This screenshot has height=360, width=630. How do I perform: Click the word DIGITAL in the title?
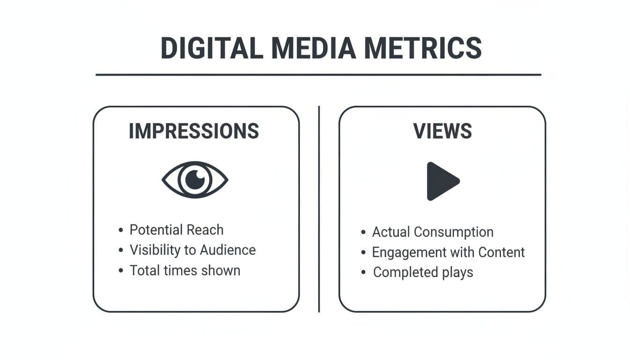pos(212,48)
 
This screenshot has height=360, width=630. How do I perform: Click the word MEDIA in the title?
pos(314,48)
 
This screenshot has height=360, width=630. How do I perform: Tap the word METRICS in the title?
pos(423,48)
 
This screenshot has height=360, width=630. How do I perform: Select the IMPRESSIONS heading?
pos(194,131)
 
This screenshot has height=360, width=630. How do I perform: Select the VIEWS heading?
pos(442,131)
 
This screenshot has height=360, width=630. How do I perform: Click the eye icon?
pos(195,180)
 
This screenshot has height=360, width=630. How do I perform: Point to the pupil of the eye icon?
pos(195,180)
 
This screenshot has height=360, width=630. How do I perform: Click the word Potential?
pos(157,230)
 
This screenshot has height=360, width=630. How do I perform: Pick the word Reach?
pos(205,230)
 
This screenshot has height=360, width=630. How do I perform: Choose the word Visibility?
pos(155,250)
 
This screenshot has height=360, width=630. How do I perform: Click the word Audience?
pos(228,250)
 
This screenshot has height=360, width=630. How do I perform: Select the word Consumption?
pos(454,232)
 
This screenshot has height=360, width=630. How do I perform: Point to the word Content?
pos(502,252)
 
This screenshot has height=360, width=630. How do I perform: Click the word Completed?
pos(405,272)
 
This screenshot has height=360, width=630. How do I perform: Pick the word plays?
pos(457,272)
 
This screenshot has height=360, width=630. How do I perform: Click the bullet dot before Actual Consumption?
pos(363,232)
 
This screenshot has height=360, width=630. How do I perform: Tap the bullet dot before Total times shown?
pos(121,270)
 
